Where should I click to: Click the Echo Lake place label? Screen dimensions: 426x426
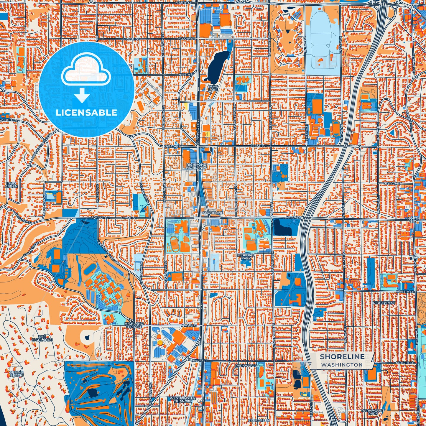click(x=213, y=88)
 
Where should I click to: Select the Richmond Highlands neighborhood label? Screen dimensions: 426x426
click(x=196, y=166)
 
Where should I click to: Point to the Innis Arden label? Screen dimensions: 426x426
click(x=11, y=185)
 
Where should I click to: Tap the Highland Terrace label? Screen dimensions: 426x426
click(x=134, y=325)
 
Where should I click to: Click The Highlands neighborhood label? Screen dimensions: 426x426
click(x=42, y=338)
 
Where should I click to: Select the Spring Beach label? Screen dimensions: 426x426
click(x=16, y=374)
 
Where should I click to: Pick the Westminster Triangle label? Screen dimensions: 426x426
click(x=182, y=399)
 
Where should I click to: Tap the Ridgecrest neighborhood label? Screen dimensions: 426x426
click(x=384, y=303)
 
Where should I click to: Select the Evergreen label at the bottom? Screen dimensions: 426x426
click(x=259, y=420)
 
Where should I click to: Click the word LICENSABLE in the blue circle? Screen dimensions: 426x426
click(x=86, y=113)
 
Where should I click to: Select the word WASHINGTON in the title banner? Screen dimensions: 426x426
click(x=342, y=365)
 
